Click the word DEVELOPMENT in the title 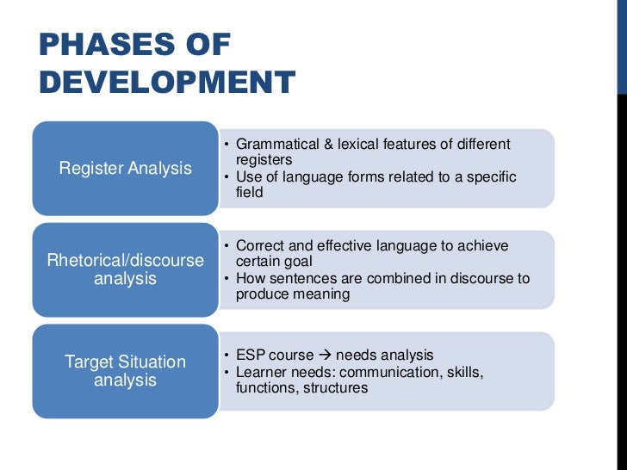[x=167, y=83]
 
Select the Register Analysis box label [x=125, y=168]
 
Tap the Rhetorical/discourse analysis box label [x=125, y=269]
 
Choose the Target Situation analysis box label [x=125, y=371]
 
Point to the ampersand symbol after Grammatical [x=319, y=144]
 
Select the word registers [x=264, y=159]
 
